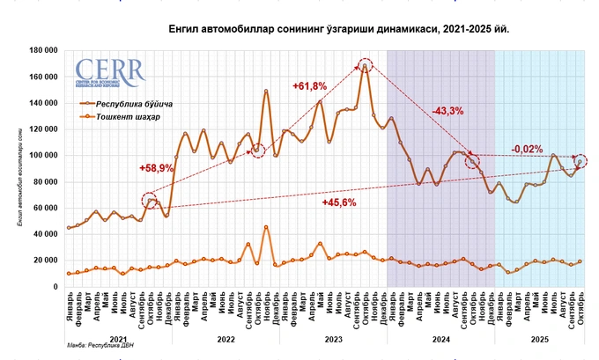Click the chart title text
pos(338,30)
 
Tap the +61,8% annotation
pos(309,85)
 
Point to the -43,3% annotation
pos(448,111)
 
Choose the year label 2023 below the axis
pos(332,338)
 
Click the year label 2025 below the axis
pos(538,338)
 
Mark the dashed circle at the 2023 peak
pos(366,64)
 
